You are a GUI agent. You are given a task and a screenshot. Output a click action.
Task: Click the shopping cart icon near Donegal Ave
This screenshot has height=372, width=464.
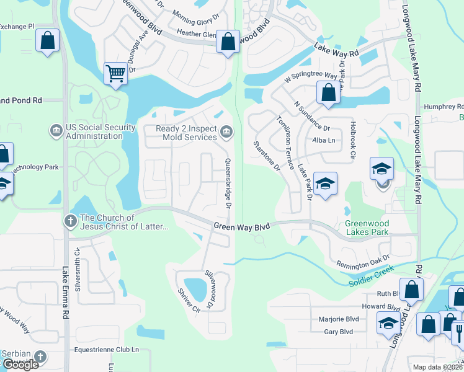click(x=115, y=74)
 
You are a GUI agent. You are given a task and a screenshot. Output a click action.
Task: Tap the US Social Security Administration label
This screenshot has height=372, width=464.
click(x=100, y=131)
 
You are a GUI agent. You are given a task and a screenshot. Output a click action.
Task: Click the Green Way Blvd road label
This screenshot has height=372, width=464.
click(x=242, y=227)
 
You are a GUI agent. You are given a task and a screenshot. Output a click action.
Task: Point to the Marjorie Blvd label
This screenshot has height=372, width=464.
click(x=338, y=320)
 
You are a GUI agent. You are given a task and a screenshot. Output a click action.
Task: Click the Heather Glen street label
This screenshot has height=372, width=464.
click(x=196, y=34)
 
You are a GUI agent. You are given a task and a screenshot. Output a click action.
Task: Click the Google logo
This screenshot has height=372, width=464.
click(x=20, y=365)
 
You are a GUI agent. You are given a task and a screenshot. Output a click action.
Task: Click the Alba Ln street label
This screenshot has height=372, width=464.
click(x=324, y=141)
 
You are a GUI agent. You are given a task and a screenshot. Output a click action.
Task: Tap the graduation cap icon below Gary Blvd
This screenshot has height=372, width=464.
click(x=388, y=323)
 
